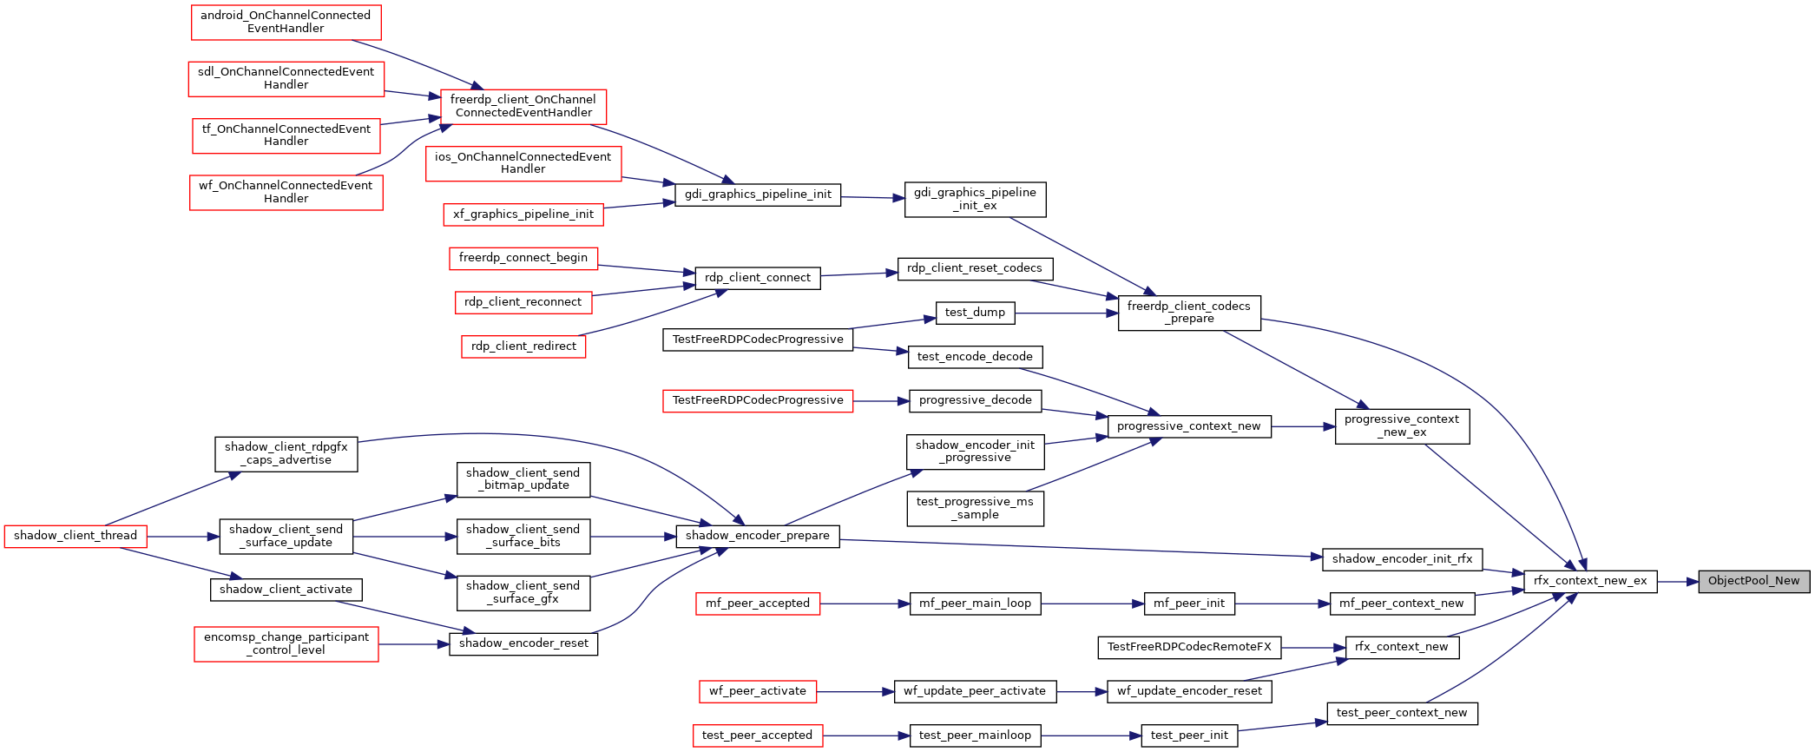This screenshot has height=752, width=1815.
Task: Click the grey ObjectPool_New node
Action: click(x=1753, y=581)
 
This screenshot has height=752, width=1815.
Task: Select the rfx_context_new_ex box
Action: click(x=1590, y=581)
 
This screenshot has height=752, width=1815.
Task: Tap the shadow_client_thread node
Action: click(x=76, y=536)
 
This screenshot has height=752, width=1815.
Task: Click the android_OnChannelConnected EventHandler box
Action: click(x=286, y=22)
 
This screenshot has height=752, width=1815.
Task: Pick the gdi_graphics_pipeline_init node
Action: click(x=758, y=195)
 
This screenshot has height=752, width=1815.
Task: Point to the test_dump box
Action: click(x=975, y=313)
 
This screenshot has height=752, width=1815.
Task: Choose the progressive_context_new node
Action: click(x=1189, y=426)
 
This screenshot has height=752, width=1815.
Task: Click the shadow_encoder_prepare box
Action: click(x=758, y=536)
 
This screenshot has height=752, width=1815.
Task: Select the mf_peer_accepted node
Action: click(x=758, y=604)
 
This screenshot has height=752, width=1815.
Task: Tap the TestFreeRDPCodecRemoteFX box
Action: click(x=1189, y=647)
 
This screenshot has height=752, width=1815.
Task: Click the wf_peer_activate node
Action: click(x=758, y=691)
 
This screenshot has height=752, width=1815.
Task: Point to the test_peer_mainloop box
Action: click(x=975, y=736)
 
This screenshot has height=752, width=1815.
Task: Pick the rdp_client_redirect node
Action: click(x=523, y=346)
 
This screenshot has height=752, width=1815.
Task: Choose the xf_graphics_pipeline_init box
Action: click(x=523, y=214)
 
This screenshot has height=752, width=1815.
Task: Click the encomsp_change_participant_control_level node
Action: click(x=286, y=644)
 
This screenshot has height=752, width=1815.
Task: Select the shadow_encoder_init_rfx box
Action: click(x=1402, y=559)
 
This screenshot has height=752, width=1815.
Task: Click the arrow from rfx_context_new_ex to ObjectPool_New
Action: click(x=1678, y=581)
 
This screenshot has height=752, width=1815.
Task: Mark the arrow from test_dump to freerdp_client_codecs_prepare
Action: click(x=1066, y=313)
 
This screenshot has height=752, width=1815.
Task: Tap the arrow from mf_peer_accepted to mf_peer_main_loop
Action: click(x=865, y=604)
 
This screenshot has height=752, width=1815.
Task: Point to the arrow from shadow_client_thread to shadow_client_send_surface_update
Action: click(x=183, y=537)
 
